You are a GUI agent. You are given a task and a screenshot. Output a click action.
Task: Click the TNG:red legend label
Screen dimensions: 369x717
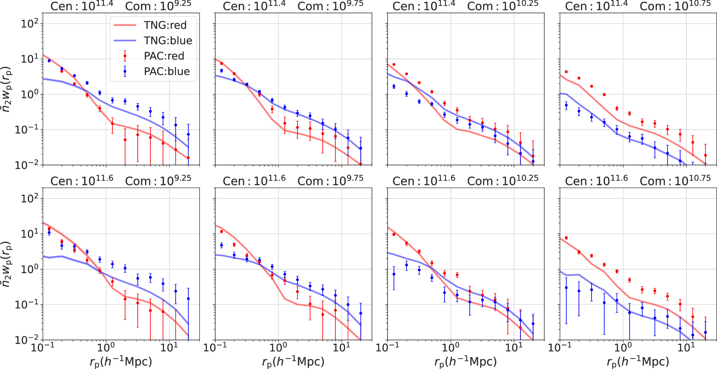[x=165, y=25]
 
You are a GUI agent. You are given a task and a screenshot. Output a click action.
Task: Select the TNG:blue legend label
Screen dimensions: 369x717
[x=168, y=41]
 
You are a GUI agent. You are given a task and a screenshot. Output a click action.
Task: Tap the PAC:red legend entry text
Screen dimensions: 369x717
[x=164, y=56]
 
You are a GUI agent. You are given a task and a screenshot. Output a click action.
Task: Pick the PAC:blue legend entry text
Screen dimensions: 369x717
[x=167, y=71]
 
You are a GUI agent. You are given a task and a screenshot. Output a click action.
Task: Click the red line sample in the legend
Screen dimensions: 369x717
[x=125, y=25]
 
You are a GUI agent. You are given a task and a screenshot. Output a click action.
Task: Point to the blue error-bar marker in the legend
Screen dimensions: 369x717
[x=125, y=71]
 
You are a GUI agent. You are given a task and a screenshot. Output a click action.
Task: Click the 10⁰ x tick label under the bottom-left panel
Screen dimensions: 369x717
[x=106, y=348]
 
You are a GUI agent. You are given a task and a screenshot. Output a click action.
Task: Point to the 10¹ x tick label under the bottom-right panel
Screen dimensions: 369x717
[x=686, y=348]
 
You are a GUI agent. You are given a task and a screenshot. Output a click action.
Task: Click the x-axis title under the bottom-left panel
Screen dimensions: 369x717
[x=121, y=362]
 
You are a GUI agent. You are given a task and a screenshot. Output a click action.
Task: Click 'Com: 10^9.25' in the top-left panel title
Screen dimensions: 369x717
[x=158, y=6]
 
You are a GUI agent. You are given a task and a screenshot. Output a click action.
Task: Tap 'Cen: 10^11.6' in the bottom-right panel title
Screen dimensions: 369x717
[x=596, y=181]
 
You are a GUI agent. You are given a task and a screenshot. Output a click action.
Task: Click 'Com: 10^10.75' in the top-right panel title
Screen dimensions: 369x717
[x=675, y=6]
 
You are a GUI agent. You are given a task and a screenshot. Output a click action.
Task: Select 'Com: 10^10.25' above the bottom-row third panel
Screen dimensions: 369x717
[x=502, y=181]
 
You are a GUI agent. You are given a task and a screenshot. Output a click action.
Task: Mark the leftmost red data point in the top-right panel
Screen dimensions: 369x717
[x=566, y=72]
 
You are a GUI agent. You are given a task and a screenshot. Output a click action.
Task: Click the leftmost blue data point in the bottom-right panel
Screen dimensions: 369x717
[x=566, y=288]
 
